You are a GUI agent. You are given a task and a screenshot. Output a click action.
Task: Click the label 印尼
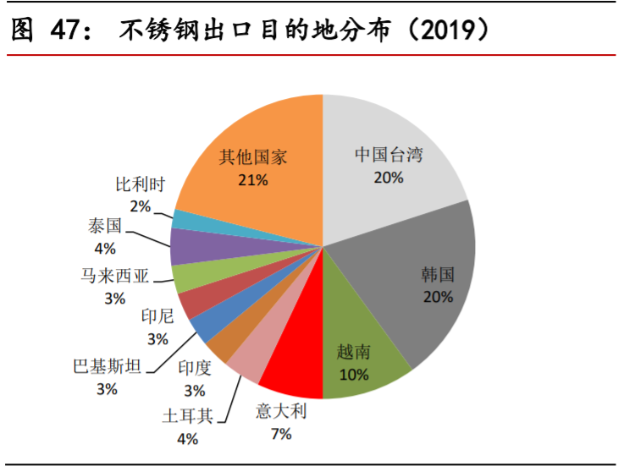[157, 317]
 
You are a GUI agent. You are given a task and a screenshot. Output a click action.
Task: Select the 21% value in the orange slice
[253, 179]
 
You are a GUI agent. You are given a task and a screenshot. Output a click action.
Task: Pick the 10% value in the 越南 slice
[353, 373]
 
